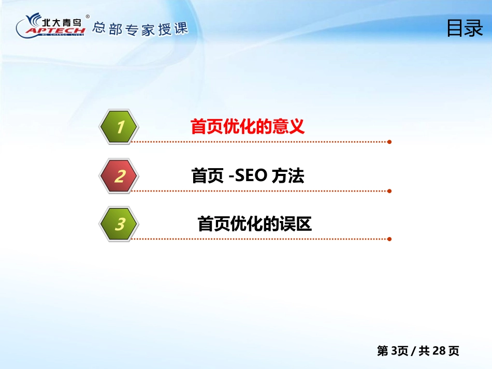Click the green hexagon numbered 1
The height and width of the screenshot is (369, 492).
pos(119,127)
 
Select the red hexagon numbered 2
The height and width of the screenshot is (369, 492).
pos(119,175)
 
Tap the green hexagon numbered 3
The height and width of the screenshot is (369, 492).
pos(119,224)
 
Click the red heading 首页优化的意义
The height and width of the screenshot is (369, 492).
pos(247,126)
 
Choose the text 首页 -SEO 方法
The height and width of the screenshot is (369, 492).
pos(248,175)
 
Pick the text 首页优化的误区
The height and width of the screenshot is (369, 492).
pos(254,224)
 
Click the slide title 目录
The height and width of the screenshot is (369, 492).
pos(465,28)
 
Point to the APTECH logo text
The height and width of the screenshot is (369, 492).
pos(55,31)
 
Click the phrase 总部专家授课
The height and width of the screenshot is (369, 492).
pos(140,29)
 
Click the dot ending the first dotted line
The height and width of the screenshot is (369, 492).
pos(389,142)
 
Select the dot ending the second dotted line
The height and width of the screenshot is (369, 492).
pos(389,191)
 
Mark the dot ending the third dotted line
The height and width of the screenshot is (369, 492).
pos(389,239)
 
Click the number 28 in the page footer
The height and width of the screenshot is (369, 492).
pos(439,351)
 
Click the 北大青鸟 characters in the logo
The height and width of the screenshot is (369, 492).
pos(62,22)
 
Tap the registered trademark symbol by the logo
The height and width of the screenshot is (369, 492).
pos(88,17)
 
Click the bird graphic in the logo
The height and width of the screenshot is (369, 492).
pos(33,20)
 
